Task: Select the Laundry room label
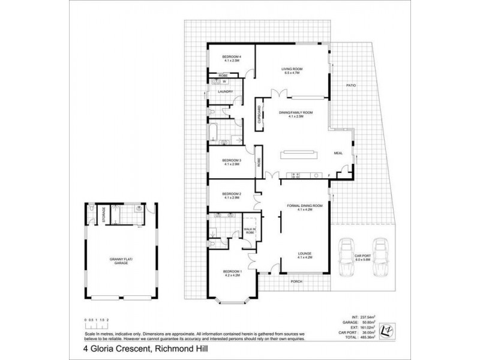225,92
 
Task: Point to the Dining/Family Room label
296,114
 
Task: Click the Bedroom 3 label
231,162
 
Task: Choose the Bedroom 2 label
231,195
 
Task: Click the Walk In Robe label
250,230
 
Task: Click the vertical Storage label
103,215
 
